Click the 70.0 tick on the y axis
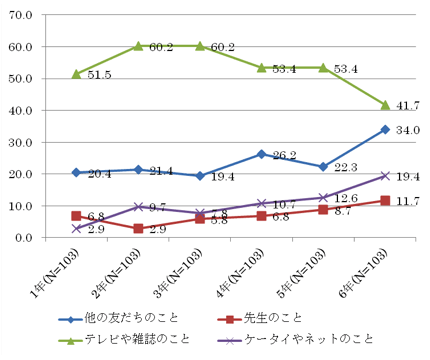click(x=21, y=15)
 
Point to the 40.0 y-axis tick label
click(x=21, y=110)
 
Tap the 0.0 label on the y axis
click(x=24, y=238)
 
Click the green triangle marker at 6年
click(x=385, y=105)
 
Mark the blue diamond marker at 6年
click(x=385, y=129)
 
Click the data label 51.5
click(x=98, y=75)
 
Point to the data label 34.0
click(x=407, y=130)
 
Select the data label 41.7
click(x=407, y=104)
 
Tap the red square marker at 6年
click(x=385, y=200)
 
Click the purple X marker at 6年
click(x=385, y=176)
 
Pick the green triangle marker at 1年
click(x=76, y=74)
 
